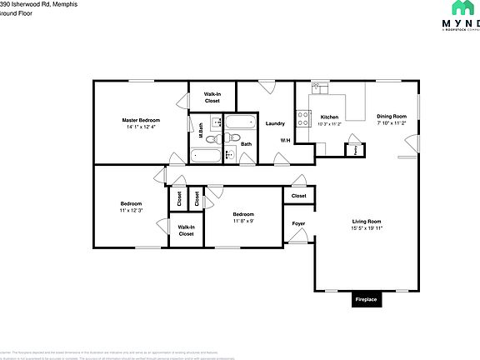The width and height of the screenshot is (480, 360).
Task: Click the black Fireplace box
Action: (x=366, y=299)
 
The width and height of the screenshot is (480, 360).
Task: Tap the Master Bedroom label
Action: (x=141, y=120)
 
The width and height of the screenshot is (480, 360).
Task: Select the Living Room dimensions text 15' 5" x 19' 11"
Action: (x=366, y=227)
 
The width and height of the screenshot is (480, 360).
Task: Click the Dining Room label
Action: (x=391, y=116)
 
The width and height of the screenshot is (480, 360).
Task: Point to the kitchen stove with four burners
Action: (x=304, y=117)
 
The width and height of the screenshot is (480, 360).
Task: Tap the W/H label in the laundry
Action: (x=285, y=140)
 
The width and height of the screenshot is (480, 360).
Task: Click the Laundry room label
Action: (x=276, y=123)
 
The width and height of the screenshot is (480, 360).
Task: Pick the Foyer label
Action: (x=298, y=224)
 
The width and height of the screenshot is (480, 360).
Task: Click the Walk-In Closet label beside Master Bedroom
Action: (x=212, y=97)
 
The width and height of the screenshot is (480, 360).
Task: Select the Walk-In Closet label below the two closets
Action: (x=186, y=230)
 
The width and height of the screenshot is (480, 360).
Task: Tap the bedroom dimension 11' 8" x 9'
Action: (x=242, y=221)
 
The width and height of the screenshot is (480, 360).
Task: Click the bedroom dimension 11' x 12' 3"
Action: (x=132, y=211)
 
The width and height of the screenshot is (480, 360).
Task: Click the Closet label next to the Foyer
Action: (x=298, y=196)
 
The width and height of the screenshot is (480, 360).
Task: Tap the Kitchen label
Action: (x=330, y=117)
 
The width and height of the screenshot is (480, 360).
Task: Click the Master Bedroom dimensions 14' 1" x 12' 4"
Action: (x=141, y=127)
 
